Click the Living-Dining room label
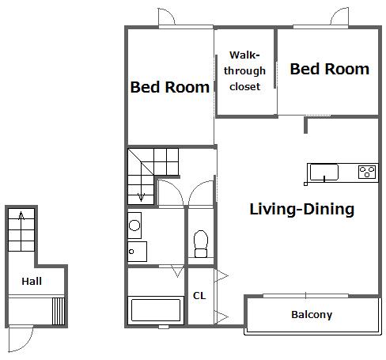pos(301,210)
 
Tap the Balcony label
pos(312,315)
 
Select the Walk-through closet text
pos(244,70)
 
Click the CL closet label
pos(199,296)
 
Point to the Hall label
pos(32,282)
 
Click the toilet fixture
pos(201,244)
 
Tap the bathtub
pos(156,310)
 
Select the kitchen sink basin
pos(324,172)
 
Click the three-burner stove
pos(367,172)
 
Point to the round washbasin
pos(134,225)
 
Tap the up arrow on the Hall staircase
pos(21,216)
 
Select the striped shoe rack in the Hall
pos(59,311)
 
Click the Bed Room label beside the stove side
pos(329,70)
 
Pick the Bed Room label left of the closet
pos(170,87)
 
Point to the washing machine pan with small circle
pos(137,252)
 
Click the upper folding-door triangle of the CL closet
pos(221,276)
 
